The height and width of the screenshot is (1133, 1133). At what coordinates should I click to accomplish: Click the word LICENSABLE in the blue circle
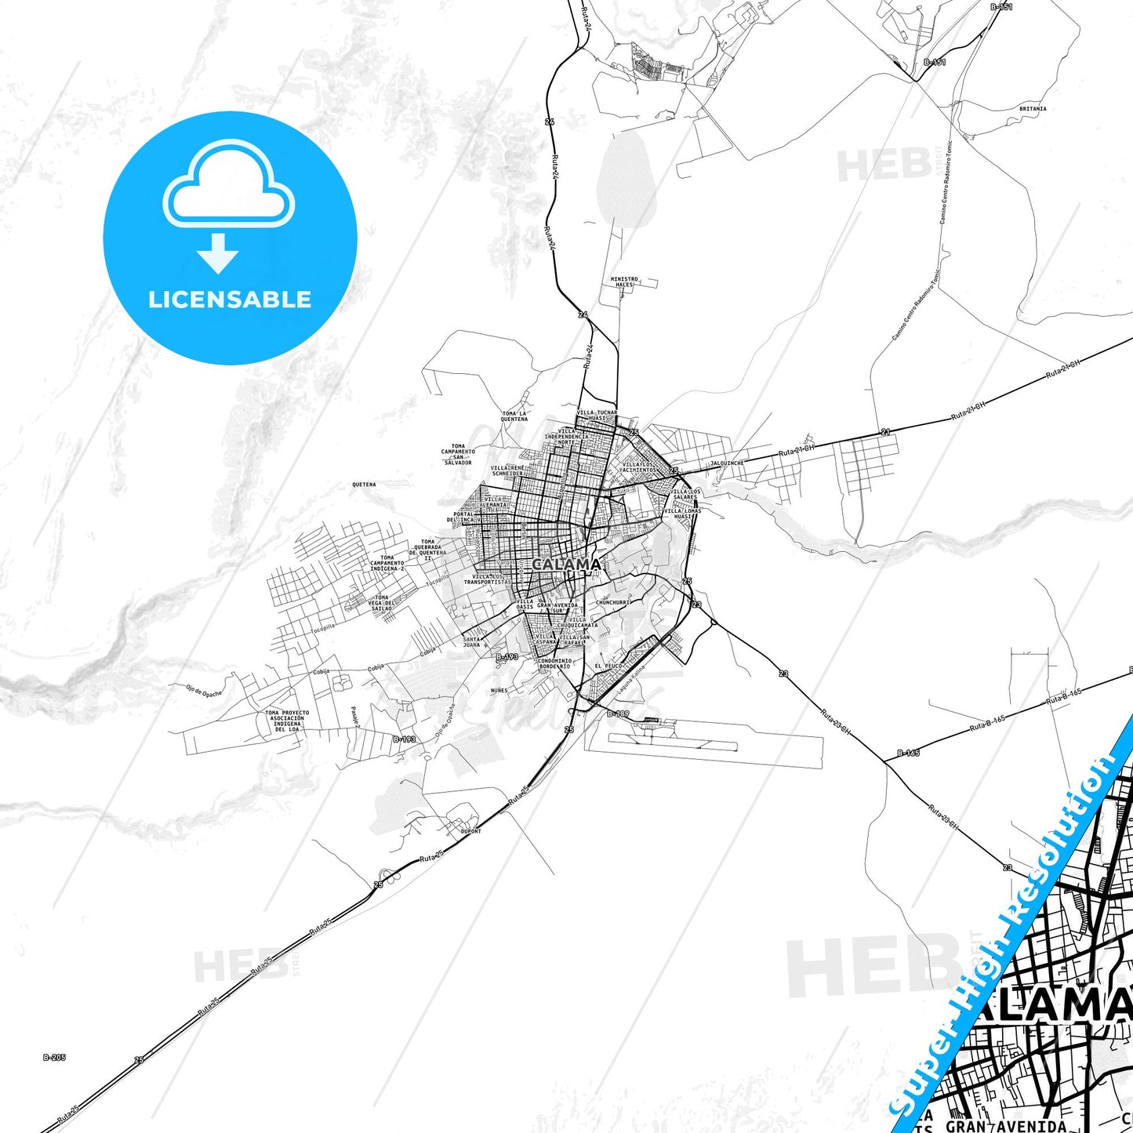pos(230,300)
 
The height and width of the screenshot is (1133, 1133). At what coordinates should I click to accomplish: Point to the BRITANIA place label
pos(1032,109)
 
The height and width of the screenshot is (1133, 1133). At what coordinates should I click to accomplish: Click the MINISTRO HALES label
pos(624,281)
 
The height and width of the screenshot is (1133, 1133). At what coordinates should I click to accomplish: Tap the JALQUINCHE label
pos(726,463)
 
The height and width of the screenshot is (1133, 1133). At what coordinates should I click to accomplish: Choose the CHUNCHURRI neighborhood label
pos(613,602)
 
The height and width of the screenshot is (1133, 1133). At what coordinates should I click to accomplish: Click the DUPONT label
pos(470,831)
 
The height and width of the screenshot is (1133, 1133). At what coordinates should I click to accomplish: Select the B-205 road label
pos(54,1058)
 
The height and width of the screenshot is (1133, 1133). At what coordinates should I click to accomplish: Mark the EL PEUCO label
pos(608,666)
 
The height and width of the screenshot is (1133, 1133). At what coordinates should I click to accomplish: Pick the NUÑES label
pos(499,690)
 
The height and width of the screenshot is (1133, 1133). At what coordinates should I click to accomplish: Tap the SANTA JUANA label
pos(471,642)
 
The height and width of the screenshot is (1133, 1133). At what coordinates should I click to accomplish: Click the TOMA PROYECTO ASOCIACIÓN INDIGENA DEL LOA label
pos(287,721)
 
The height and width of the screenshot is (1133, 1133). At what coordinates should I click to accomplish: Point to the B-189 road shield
pos(618,714)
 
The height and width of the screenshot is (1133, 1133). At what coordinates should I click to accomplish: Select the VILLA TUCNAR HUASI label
pos(597,416)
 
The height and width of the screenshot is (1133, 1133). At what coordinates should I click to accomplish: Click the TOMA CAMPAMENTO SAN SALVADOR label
pos(458,454)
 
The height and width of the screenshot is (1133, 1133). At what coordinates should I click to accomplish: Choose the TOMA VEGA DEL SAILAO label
pos(381,603)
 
